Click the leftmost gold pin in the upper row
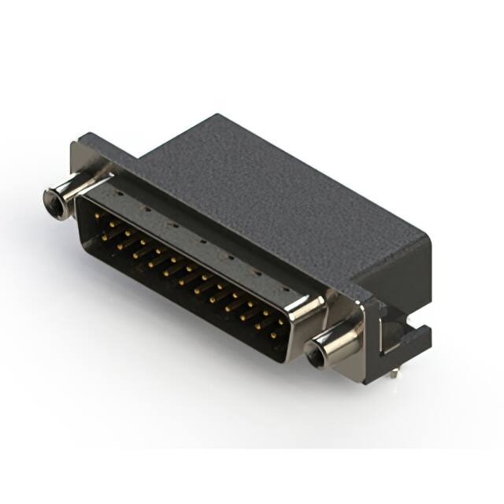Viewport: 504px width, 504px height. click(97, 214)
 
